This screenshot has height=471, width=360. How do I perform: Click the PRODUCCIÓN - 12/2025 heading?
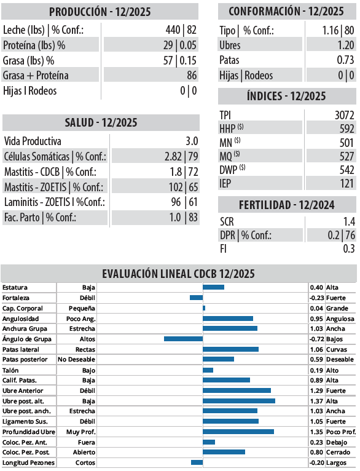(x=100, y=12)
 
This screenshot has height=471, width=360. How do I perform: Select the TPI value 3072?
(x=343, y=115)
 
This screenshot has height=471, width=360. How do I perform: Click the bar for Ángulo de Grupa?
(x=183, y=339)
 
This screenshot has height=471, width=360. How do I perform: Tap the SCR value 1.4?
(x=348, y=221)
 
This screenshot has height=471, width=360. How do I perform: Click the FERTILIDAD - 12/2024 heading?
(x=286, y=205)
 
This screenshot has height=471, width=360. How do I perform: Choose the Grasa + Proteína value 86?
(x=192, y=75)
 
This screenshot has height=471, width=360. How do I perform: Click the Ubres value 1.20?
(x=345, y=46)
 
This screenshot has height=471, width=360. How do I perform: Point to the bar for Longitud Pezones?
(x=197, y=462)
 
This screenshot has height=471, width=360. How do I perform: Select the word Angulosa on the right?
(x=340, y=319)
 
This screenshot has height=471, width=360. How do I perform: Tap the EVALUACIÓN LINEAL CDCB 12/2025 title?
(x=178, y=274)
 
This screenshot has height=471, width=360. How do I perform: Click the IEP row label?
(x=226, y=183)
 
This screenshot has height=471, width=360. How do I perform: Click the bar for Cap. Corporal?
(x=204, y=308)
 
